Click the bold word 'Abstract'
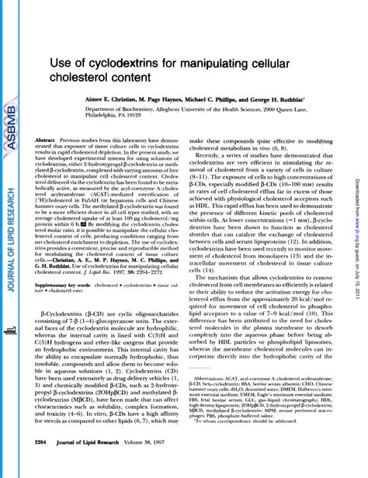tap(46, 140)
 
